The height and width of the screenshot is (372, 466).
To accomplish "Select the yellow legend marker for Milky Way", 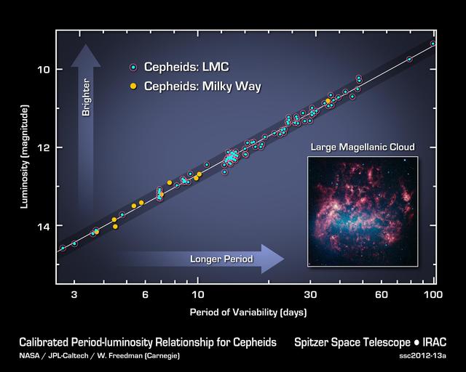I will [133, 86].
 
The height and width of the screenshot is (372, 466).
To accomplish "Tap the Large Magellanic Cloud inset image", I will [362, 211].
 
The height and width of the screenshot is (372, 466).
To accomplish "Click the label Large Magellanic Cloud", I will [363, 147].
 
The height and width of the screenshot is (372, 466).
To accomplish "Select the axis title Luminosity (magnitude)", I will [25, 157].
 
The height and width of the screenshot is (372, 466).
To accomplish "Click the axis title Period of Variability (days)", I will [248, 312].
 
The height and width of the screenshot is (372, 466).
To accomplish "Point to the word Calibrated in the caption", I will [45, 341].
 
